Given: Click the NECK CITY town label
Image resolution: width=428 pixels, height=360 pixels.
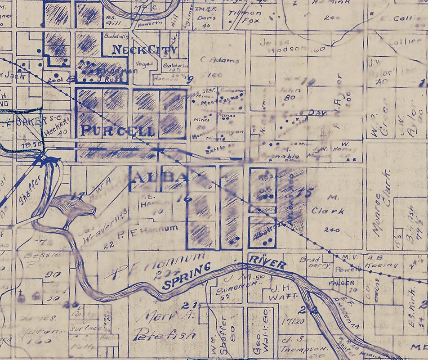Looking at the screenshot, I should (144, 49).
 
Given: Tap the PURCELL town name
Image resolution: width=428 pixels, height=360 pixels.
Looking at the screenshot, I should (118, 130).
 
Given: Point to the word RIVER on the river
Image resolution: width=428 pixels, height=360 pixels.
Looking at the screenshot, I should (267, 261).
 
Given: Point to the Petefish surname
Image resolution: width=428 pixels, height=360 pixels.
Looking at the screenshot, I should (165, 335).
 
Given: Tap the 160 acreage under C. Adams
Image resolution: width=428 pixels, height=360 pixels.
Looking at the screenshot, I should (216, 75).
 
